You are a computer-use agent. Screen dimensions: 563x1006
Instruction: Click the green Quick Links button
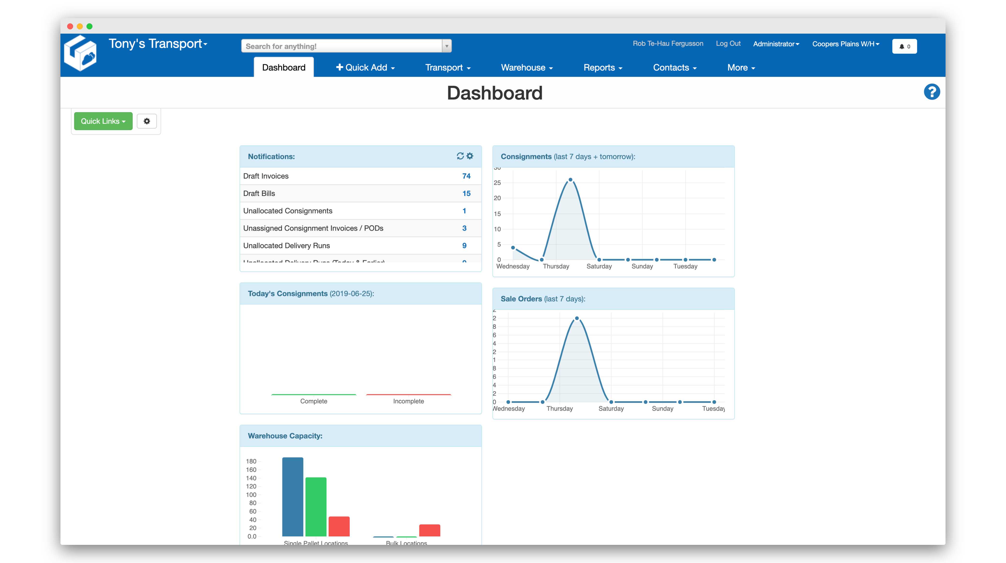[x=103, y=121]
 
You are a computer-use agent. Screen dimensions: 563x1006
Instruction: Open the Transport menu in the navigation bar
[x=448, y=68]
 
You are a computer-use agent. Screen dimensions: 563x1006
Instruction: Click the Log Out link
[x=728, y=43]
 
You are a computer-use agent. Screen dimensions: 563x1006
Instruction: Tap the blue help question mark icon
[x=932, y=92]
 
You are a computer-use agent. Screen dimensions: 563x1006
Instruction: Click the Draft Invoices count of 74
[x=466, y=176]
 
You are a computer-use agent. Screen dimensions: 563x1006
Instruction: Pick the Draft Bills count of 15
[x=466, y=193]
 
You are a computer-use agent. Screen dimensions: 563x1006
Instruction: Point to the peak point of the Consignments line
[x=570, y=180]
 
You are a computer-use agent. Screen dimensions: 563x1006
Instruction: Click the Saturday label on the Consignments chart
[x=599, y=266]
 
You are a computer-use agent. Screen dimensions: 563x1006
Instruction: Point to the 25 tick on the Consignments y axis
[x=497, y=183]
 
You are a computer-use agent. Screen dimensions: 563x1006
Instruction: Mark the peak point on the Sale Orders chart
[x=577, y=318]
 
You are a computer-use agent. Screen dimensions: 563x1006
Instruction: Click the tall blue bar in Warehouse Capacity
[x=293, y=496]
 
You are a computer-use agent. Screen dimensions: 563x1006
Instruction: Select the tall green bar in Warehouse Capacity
[x=316, y=507]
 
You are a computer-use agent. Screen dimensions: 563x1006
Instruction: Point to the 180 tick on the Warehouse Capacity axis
[x=251, y=461]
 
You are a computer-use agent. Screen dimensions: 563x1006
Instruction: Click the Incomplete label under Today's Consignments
[x=408, y=401]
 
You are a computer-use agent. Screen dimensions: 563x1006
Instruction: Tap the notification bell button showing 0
[x=904, y=46]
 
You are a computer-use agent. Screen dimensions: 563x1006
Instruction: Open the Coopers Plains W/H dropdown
[x=845, y=44]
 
